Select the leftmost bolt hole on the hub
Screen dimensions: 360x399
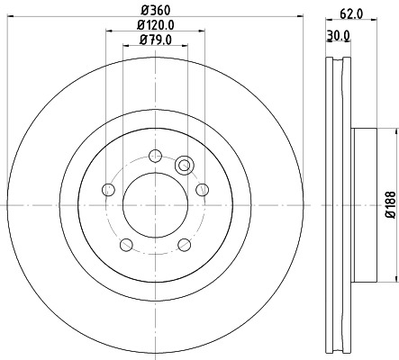(109, 190)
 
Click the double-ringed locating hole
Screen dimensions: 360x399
(186, 165)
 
